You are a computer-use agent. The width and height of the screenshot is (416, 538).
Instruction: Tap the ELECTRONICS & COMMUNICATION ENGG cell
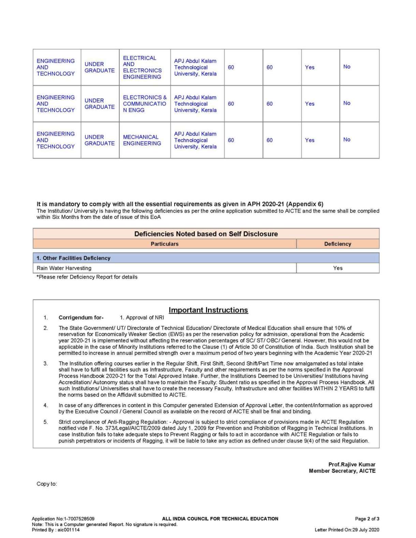click(x=144, y=104)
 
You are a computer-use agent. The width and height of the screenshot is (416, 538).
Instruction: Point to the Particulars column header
click(x=164, y=244)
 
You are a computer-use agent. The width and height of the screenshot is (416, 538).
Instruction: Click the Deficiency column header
click(x=338, y=244)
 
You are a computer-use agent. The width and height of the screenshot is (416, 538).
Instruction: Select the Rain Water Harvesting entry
click(x=64, y=268)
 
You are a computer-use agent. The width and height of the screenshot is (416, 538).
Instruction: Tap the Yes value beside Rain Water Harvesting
click(x=338, y=268)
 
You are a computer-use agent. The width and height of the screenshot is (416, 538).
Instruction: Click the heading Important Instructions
click(x=208, y=310)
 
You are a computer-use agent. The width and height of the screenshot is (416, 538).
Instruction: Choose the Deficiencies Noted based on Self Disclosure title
click(x=206, y=234)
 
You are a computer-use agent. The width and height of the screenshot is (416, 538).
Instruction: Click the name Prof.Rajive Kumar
click(x=352, y=464)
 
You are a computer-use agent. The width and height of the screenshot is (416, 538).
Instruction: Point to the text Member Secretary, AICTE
click(x=342, y=471)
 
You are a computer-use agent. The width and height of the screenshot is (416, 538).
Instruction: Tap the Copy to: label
click(x=47, y=484)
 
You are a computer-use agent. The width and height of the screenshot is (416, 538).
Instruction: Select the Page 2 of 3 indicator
click(x=367, y=519)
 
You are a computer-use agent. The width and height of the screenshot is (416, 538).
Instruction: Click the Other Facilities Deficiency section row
click(x=73, y=258)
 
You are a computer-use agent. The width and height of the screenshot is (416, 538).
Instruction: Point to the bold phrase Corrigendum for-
click(x=81, y=318)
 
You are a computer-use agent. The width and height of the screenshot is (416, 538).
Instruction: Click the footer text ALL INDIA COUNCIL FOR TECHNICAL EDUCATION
click(x=220, y=519)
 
